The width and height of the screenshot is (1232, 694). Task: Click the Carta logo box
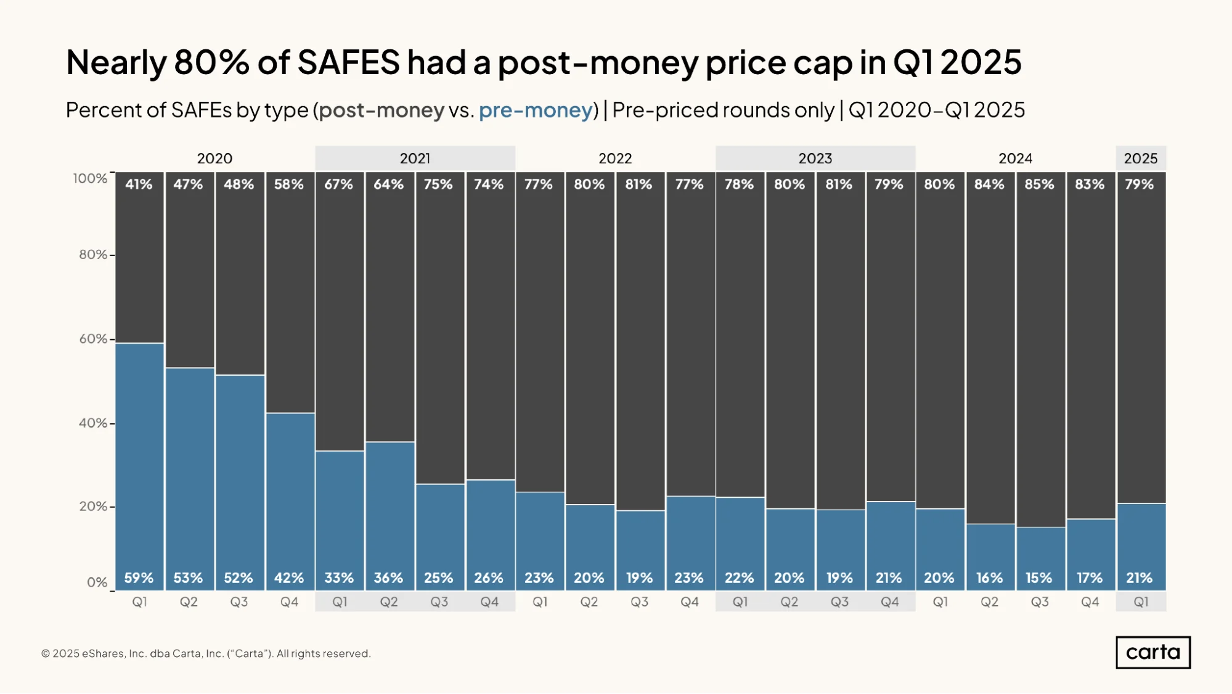pyautogui.click(x=1152, y=652)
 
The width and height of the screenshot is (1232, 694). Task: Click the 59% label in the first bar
pyautogui.click(x=139, y=578)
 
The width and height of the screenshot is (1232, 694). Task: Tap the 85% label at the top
pyautogui.click(x=1039, y=184)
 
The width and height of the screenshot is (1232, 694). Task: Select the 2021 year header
pyautogui.click(x=415, y=159)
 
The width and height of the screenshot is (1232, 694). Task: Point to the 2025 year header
pyautogui.click(x=1140, y=159)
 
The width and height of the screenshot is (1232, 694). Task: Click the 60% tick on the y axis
pyautogui.click(x=93, y=339)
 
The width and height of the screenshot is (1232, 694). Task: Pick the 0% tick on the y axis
pyautogui.click(x=97, y=582)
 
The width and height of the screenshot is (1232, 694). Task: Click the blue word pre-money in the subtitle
pyautogui.click(x=536, y=110)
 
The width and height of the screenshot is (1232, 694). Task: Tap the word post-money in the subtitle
pyautogui.click(x=381, y=110)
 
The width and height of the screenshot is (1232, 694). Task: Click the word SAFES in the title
pyautogui.click(x=348, y=62)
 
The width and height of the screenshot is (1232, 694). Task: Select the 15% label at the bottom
pyautogui.click(x=1039, y=578)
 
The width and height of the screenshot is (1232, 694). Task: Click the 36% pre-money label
pyautogui.click(x=388, y=578)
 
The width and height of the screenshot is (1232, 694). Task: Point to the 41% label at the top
pyautogui.click(x=139, y=184)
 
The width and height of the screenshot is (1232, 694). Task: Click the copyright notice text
pyautogui.click(x=206, y=653)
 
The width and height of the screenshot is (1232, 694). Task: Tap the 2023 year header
pyautogui.click(x=815, y=159)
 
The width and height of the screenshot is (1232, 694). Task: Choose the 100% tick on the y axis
pyautogui.click(x=90, y=178)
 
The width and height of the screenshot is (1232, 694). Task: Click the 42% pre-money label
pyautogui.click(x=288, y=578)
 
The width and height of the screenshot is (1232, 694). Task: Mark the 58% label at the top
pyautogui.click(x=288, y=184)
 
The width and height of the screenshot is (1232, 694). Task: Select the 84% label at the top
pyautogui.click(x=989, y=184)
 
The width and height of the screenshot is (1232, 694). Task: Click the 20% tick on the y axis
pyautogui.click(x=93, y=506)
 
